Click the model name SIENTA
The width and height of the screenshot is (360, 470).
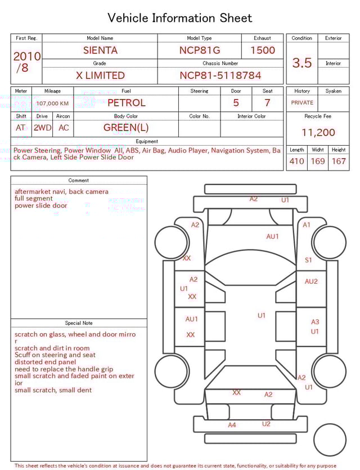click(x=100, y=50)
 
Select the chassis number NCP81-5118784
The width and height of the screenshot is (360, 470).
click(x=220, y=75)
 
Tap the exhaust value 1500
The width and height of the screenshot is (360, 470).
click(x=262, y=50)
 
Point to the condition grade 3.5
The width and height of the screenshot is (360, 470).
click(x=301, y=63)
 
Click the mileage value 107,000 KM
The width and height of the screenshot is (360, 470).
click(x=52, y=104)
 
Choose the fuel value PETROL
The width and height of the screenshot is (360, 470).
click(x=126, y=103)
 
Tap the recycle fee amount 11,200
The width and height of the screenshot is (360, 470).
click(x=318, y=133)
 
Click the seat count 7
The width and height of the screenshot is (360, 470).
click(x=267, y=103)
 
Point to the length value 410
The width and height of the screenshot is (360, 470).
click(x=296, y=162)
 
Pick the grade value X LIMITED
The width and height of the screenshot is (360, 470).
click(x=100, y=75)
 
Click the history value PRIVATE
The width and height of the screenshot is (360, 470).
click(x=302, y=103)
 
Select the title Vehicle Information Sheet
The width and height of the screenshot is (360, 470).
click(x=180, y=18)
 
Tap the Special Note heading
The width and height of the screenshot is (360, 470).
click(x=79, y=323)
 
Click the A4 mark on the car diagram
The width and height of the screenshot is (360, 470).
click(x=232, y=425)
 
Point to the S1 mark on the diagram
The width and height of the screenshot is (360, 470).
click(x=308, y=260)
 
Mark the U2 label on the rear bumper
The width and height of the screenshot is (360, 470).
click(x=266, y=424)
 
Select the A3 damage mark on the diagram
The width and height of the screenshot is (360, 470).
click(x=315, y=322)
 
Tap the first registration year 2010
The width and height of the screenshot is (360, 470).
click(x=27, y=56)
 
